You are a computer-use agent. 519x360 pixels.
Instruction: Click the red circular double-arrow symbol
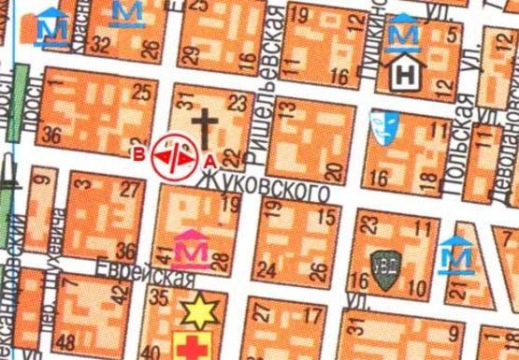174,154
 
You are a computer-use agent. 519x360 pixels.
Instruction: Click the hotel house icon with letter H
406,71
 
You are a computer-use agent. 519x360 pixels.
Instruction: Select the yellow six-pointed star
199,308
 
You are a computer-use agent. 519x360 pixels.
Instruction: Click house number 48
65,341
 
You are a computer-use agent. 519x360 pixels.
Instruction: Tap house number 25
142,91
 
